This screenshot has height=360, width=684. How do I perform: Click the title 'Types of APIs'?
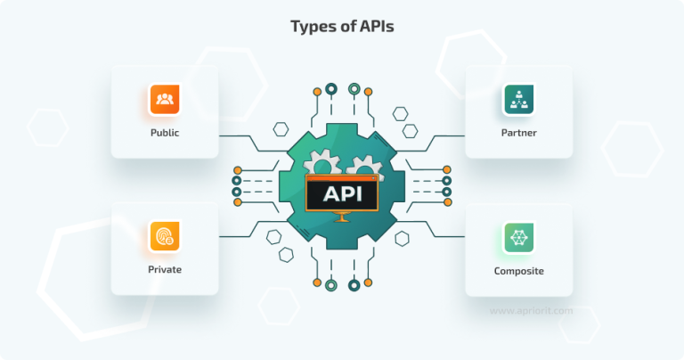pos(342,27)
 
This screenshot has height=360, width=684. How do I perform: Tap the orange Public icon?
pos(164,99)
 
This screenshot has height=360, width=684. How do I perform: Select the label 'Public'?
pos(164,133)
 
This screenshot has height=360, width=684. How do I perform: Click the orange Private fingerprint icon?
pos(164,236)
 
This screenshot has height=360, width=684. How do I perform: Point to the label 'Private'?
pos(164,270)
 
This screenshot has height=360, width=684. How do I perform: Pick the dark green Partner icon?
pos(518,99)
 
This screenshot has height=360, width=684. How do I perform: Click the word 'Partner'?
pos(518,133)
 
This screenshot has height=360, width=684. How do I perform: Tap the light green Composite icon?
pos(518,236)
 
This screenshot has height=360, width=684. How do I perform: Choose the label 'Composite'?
pos(518,270)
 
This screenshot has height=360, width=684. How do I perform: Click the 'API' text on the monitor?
pos(342,192)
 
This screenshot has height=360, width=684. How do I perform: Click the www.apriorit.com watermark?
pos(533,311)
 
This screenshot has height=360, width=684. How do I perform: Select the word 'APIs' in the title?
pos(375,27)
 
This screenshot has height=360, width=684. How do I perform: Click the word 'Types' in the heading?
pos(311,27)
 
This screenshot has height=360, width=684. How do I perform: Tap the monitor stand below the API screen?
pos(342,217)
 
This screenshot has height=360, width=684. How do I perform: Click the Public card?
pos(164,111)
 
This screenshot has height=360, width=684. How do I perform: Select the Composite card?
pos(518,250)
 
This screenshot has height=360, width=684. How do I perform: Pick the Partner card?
pos(518,111)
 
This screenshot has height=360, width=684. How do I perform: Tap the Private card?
pos(164,250)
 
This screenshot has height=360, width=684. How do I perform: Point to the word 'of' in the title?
pos(345,27)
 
